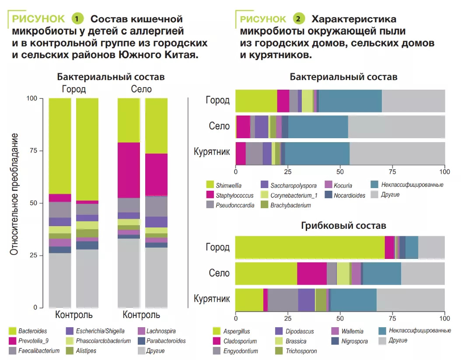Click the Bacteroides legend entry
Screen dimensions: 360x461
(x=33, y=331)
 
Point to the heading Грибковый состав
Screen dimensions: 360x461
(x=343, y=226)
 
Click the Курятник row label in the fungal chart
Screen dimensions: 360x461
(x=212, y=299)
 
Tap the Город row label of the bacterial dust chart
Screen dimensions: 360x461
(x=217, y=100)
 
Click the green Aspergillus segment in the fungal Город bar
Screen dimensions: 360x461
(x=310, y=247)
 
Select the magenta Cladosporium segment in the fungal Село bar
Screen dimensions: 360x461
(x=311, y=273)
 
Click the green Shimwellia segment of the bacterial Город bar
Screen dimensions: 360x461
(x=256, y=100)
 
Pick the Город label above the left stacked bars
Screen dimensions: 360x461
(x=73, y=89)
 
